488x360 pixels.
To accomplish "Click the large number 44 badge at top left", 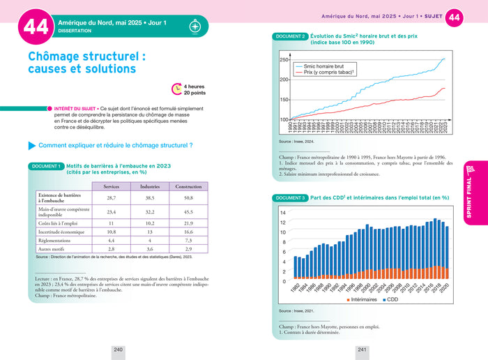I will tap(36, 27).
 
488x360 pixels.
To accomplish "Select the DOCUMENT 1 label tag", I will tap(46, 166).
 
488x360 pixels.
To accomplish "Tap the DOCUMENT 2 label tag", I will tap(291, 36).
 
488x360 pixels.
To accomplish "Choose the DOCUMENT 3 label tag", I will tap(291, 198).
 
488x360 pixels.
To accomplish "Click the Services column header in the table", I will tap(111, 186).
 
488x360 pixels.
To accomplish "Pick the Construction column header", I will tap(188, 186).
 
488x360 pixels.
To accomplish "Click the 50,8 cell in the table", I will tap(188, 198).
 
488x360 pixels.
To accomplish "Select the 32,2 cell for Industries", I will tap(149, 211).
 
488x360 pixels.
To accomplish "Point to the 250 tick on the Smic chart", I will tap(284, 60).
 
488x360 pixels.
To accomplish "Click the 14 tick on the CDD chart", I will tap(283, 213).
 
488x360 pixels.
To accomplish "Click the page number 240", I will tap(118, 349).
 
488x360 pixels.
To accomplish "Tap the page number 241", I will tap(362, 349).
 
